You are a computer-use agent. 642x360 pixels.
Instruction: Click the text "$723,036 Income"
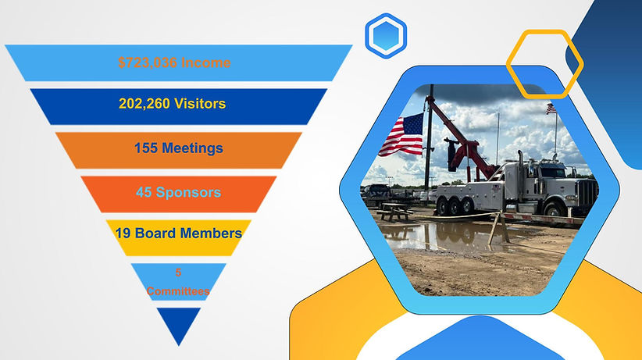click(x=174, y=63)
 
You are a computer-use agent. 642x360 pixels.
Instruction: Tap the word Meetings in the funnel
click(x=192, y=148)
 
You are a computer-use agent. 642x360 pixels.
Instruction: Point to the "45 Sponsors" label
click(x=177, y=192)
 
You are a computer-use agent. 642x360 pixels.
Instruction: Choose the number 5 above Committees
click(x=177, y=273)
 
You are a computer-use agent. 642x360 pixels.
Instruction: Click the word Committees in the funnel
click(x=177, y=290)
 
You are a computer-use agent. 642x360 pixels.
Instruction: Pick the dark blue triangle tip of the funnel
click(x=178, y=322)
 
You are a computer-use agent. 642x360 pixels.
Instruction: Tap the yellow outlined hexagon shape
click(x=544, y=63)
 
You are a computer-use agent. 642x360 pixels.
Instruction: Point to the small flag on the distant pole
click(x=551, y=109)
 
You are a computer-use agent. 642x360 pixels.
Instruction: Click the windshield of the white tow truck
click(x=551, y=169)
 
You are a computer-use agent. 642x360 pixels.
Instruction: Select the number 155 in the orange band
click(x=146, y=148)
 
